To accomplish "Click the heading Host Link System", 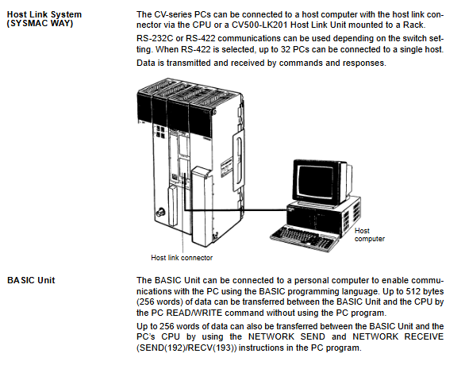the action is (x=44, y=14).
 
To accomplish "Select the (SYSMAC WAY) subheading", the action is (x=40, y=24).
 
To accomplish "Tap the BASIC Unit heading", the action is (x=31, y=280).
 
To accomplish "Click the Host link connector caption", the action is (x=182, y=257).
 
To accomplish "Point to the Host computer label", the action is (x=370, y=235).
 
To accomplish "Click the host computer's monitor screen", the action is (x=316, y=181).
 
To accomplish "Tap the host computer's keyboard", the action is (x=302, y=238).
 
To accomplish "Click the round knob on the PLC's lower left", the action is (x=162, y=212).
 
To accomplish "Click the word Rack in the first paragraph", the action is (x=413, y=25).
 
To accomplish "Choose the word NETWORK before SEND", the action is (x=271, y=337).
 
